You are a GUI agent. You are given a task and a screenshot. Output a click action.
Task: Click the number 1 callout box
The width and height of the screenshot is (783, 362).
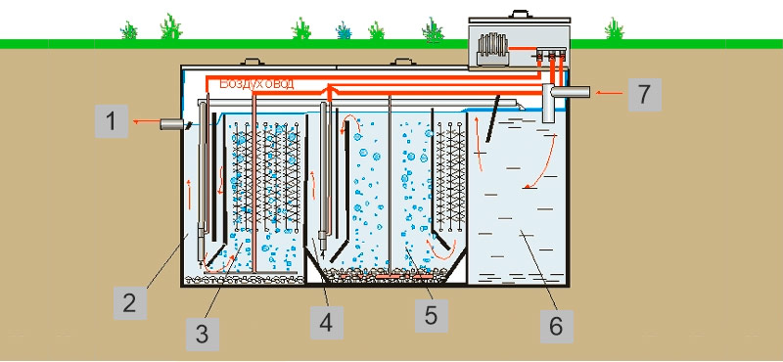pos(113,123)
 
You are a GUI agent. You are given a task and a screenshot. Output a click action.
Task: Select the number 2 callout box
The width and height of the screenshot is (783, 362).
pos(129,301)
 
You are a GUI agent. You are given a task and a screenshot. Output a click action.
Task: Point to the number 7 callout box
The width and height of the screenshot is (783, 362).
pos(642,95)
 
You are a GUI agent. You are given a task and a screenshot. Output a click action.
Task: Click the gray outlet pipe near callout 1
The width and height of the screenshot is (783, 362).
pos(170,124)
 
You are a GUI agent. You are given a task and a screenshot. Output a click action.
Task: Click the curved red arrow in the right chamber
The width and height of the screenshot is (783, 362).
pos(542,161)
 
